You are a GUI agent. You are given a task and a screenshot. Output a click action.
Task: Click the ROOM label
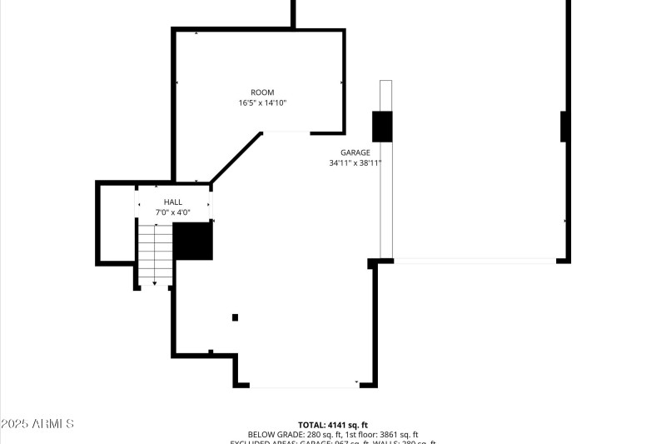[262, 92]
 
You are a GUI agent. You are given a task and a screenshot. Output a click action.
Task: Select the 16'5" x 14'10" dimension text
[262, 103]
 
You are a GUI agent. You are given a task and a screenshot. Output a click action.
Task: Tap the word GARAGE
[355, 152]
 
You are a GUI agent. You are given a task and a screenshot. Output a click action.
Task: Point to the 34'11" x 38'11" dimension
[355, 163]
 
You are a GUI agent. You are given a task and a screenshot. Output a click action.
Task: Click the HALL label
[172, 202]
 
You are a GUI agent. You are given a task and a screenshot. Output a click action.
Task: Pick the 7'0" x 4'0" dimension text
[172, 213]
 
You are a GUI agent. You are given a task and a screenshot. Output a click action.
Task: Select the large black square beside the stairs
[192, 242]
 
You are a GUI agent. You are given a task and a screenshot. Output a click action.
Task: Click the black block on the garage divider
[382, 126]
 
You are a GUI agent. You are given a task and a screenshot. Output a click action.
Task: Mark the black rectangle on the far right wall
[564, 126]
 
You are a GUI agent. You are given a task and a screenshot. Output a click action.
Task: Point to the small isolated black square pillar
[235, 317]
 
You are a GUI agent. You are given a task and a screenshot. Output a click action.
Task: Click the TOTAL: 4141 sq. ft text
[333, 425]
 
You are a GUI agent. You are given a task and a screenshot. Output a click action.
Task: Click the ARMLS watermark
[37, 424]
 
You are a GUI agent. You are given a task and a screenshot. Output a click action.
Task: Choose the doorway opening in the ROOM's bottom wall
[286, 132]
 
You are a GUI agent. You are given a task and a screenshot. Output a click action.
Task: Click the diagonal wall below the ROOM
[236, 157]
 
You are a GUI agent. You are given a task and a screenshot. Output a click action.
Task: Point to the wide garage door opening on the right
[475, 261]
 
